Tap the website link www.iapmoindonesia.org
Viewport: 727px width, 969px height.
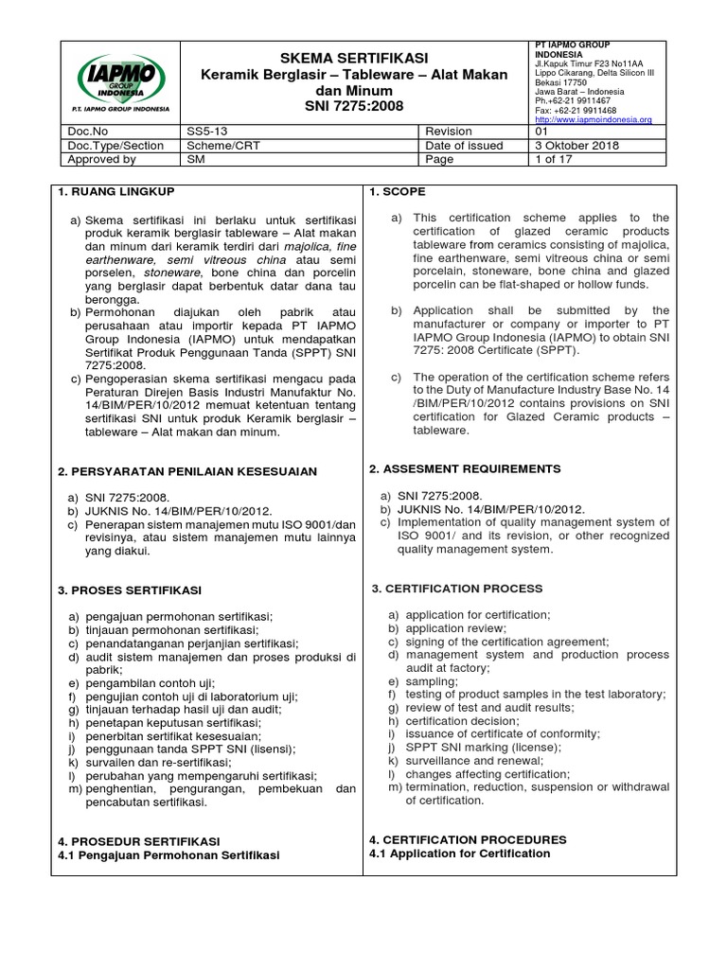(x=594, y=120)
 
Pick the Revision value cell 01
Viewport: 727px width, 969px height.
(x=543, y=132)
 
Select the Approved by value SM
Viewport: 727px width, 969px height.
(x=196, y=160)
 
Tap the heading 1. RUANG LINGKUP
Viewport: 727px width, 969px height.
(x=117, y=192)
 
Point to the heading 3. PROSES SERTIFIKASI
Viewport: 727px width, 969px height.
(x=130, y=590)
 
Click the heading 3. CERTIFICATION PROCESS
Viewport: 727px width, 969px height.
(x=457, y=589)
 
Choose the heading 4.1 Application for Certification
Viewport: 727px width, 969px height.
(x=459, y=854)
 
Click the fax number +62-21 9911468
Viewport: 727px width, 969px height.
(x=580, y=110)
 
